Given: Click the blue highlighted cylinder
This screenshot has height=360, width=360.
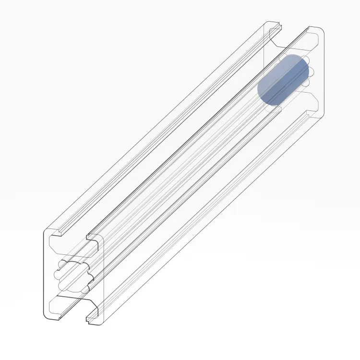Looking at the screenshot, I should (283, 80).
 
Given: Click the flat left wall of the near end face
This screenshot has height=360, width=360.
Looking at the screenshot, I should (47, 274).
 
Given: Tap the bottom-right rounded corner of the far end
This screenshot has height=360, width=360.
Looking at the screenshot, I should (322, 114).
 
